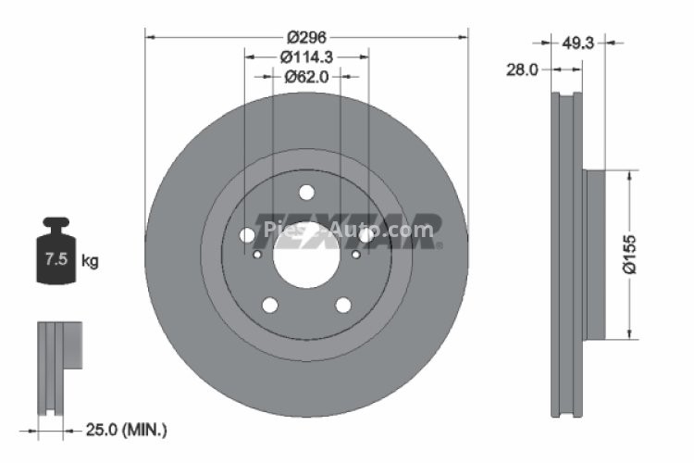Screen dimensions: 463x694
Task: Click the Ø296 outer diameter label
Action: coord(305,37)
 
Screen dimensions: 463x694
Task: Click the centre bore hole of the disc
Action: coord(306,252)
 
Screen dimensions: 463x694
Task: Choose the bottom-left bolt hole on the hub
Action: coord(269,305)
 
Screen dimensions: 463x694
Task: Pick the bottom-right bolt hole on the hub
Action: coord(343,305)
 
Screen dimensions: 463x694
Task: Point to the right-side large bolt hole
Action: coord(366,235)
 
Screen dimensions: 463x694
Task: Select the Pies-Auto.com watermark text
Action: coord(348,229)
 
